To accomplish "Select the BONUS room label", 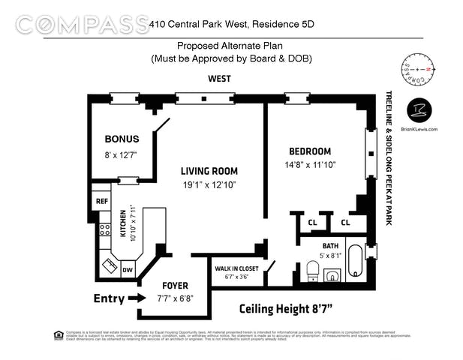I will point(122,139).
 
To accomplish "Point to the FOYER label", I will point(175,286).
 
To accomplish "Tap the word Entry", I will point(109,298).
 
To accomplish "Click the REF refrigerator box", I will point(101,201).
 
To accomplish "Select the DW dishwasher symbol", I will point(128,269).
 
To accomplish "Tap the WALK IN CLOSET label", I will point(236,268).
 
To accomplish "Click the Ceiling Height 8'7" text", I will point(286,308).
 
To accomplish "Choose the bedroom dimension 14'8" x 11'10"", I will point(309,165).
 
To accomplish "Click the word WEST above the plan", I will point(219,78).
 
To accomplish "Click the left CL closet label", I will point(312,222).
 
